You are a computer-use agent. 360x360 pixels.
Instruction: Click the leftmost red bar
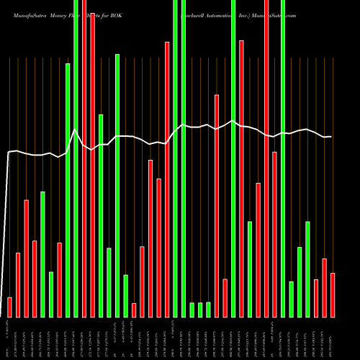pyautogui.click(x=9, y=307)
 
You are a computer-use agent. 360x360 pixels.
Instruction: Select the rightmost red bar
pyautogui.click(x=333, y=295)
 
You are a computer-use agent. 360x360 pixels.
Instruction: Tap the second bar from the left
pyautogui.click(x=18, y=284)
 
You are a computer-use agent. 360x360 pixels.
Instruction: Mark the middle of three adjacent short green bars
pyautogui.click(x=200, y=310)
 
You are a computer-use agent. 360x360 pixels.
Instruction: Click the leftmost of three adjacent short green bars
pyautogui.click(x=192, y=310)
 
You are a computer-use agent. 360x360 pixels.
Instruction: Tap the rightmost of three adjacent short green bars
pyautogui.click(x=209, y=310)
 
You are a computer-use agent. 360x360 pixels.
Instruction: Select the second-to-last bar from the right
pyautogui.click(x=324, y=287)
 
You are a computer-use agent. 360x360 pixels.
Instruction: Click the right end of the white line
pyautogui.click(x=331, y=137)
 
